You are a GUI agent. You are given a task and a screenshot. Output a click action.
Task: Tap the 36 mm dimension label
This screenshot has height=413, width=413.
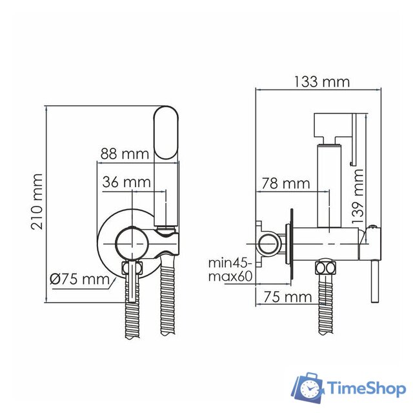click(x=126, y=183)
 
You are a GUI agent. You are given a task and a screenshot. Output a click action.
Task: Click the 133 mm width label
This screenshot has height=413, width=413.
click(x=321, y=81)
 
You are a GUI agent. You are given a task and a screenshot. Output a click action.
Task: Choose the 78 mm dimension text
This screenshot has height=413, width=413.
click(x=285, y=183)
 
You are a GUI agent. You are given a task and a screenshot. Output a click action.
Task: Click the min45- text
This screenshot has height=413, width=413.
click(x=228, y=263)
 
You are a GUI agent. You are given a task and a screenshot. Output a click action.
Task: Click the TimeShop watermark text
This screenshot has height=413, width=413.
click(x=365, y=388)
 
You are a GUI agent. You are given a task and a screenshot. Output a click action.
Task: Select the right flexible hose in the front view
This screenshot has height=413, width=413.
click(x=167, y=297)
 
